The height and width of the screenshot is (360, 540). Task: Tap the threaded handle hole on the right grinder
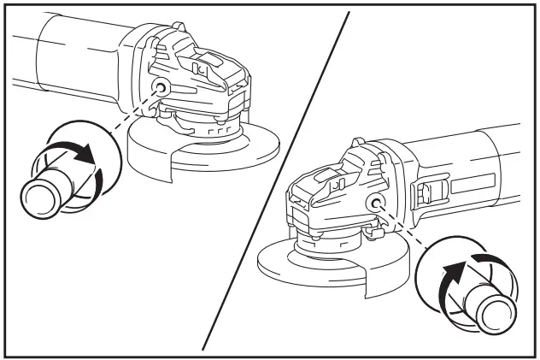pos(374,202)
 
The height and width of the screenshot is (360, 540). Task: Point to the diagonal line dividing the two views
pos(273,184)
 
